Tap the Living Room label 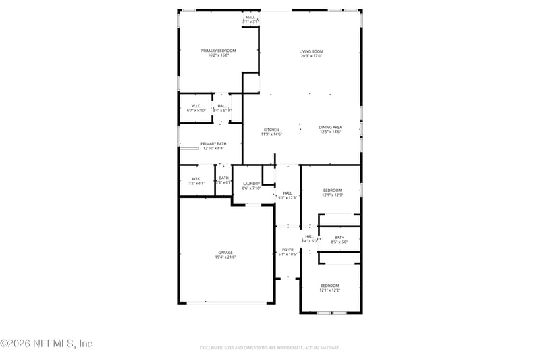coord(311,51)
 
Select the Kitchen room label coord(271,130)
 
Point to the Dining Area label coord(330,127)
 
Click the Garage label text coord(225,253)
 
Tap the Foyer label coord(288,249)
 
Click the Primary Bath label coord(214,143)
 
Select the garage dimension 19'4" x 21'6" coord(225,257)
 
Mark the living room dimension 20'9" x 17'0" coord(311,56)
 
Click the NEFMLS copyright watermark coord(47,343)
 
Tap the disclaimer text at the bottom coord(269,347)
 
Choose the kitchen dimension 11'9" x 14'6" coord(271,134)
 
